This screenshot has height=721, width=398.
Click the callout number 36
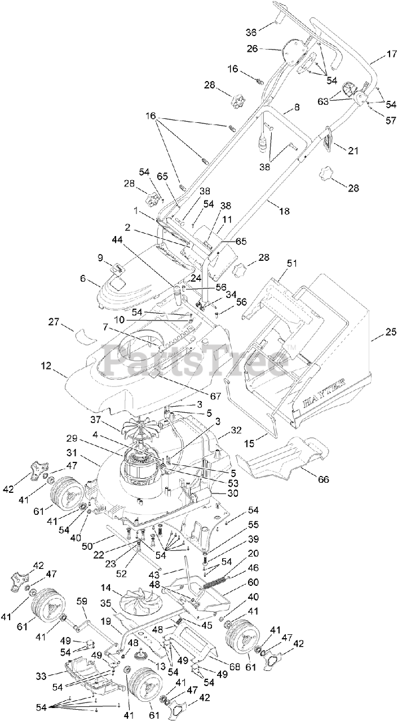(x=251, y=32)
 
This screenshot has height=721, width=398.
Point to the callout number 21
(x=353, y=150)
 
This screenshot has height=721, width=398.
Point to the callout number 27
(x=54, y=323)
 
